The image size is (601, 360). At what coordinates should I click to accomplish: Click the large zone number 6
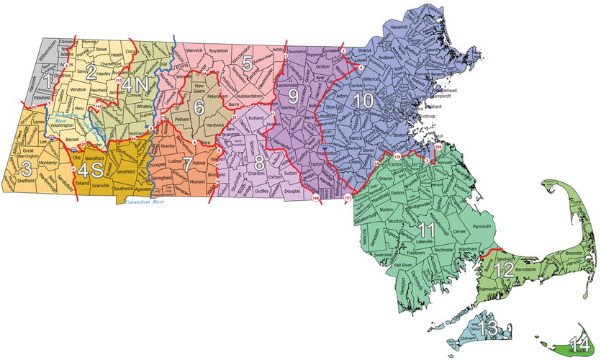pyautogui.click(x=198, y=109)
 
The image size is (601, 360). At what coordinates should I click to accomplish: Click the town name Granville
pyautogui.click(x=101, y=185)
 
